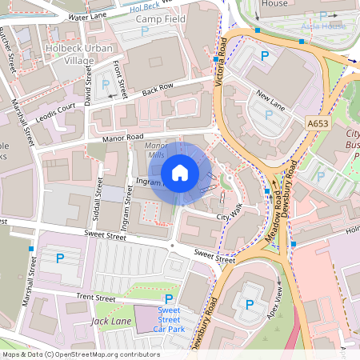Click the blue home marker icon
click(180, 172)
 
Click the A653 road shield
click(318, 123)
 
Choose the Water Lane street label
click(88, 16)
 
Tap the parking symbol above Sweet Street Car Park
click(169, 298)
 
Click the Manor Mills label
click(154, 151)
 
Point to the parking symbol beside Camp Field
click(145, 30)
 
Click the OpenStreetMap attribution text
click(80, 354)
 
